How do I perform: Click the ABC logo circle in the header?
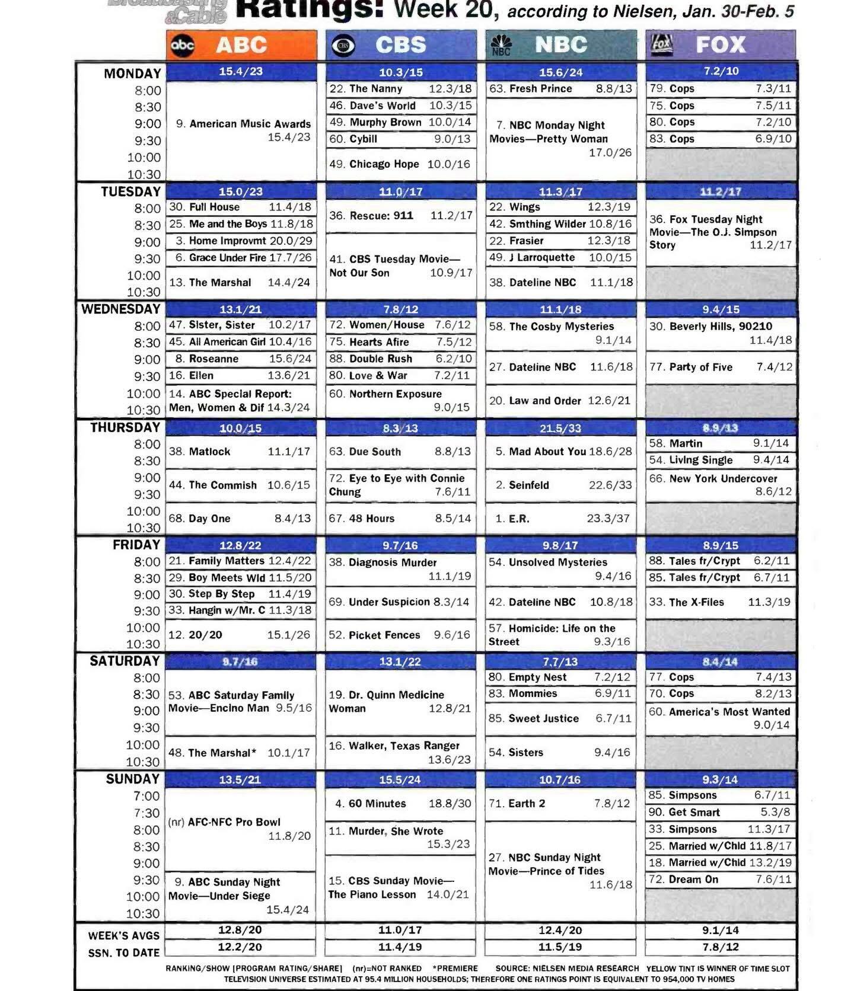[x=182, y=45]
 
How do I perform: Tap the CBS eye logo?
[x=343, y=46]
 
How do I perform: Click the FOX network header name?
[x=720, y=45]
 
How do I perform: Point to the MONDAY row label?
[x=132, y=73]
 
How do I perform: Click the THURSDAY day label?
[x=125, y=427]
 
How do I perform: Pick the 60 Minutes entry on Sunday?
[x=377, y=804]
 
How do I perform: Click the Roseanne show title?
[x=213, y=359]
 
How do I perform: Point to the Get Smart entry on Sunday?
[x=694, y=813]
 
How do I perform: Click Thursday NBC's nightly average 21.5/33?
[x=560, y=428]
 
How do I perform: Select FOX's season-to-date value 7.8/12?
[x=720, y=947]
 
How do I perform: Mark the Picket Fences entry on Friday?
[x=384, y=635]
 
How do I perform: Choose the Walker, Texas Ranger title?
[x=403, y=746]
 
